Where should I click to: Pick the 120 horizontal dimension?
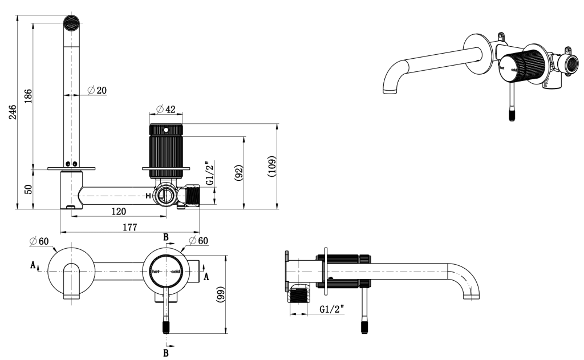118,212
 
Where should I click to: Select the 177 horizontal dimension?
130,227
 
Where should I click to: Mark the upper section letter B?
166,237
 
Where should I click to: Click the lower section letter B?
166,353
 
